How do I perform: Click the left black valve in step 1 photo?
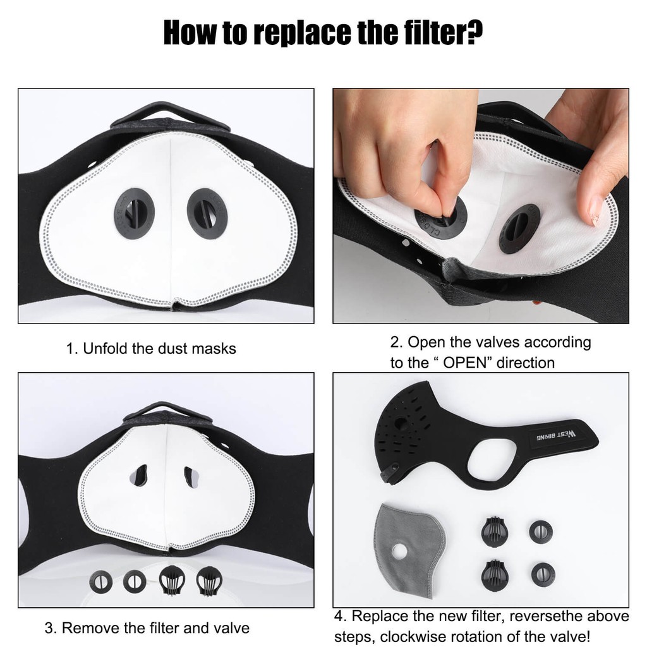click(x=134, y=214)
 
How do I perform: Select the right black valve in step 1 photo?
click(x=207, y=214)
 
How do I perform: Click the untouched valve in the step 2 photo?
click(x=519, y=227)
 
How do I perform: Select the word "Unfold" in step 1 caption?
click(x=106, y=348)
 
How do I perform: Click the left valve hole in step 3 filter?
click(x=140, y=475)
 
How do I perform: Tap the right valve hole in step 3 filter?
click(x=191, y=477)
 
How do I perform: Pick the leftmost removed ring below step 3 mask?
click(x=100, y=582)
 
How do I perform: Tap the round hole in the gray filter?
click(x=399, y=552)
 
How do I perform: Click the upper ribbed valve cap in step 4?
click(x=494, y=531)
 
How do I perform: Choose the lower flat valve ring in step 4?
click(x=543, y=575)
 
